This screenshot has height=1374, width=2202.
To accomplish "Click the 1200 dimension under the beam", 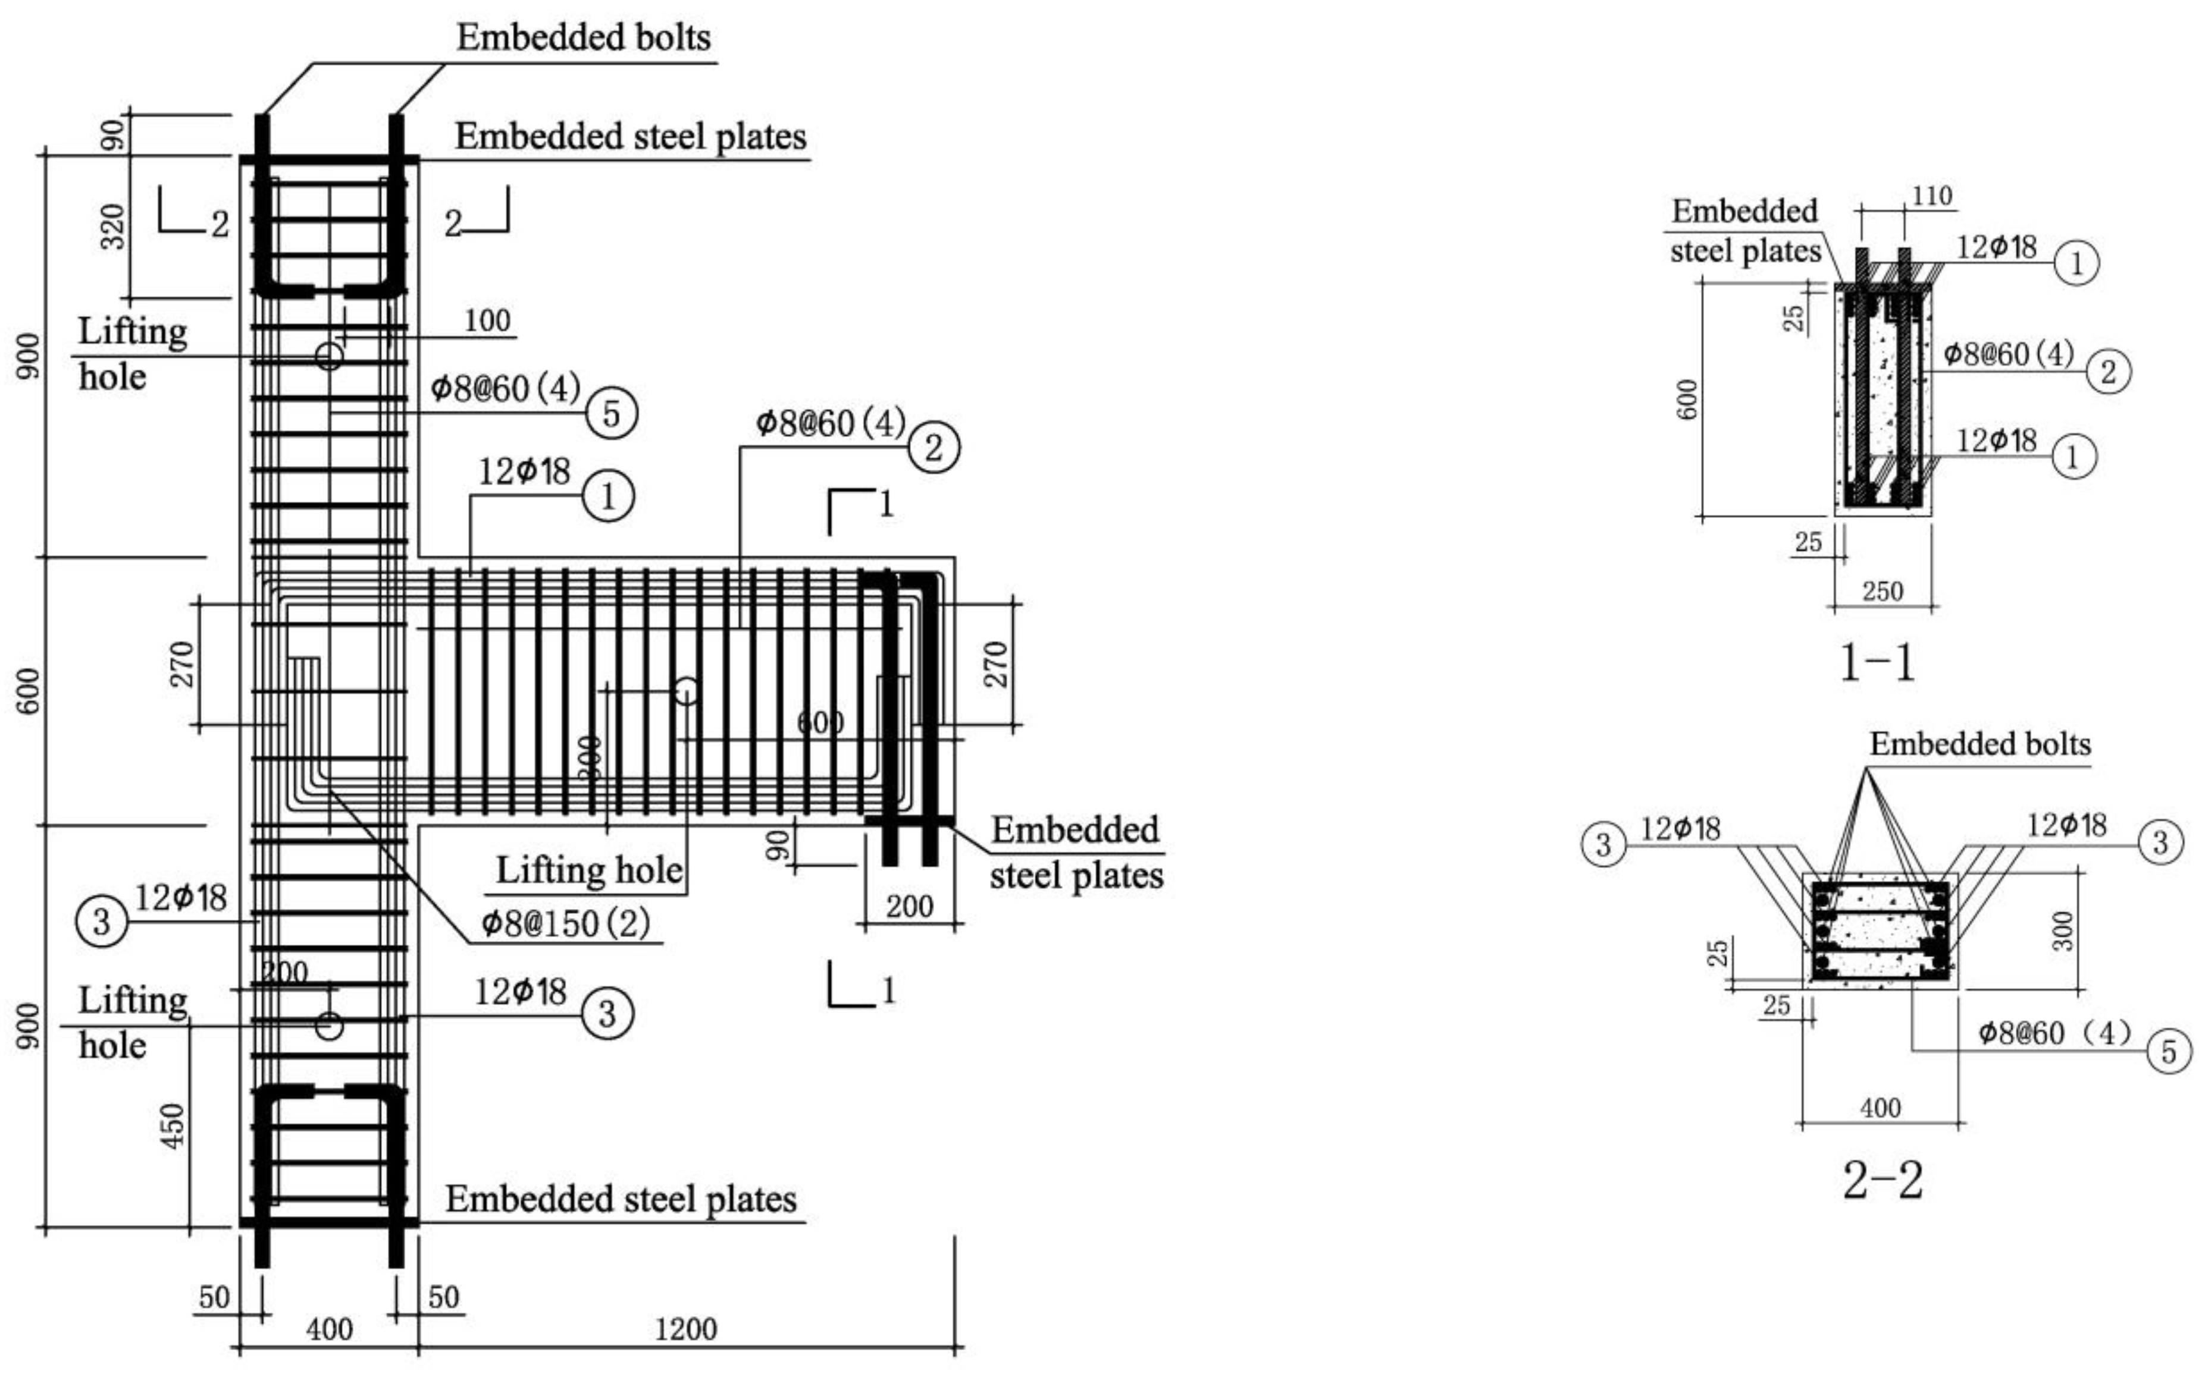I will pos(687,1329).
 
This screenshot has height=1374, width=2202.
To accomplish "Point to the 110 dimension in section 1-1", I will pos(1931,196).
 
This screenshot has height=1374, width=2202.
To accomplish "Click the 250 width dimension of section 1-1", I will pos(1882,592).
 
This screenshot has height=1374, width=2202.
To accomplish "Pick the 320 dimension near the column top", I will pos(112,227).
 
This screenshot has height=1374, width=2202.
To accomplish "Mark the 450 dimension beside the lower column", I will pos(172,1125).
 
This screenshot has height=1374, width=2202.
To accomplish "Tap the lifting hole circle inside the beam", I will pos(687,691).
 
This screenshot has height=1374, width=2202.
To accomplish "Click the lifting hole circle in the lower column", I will pos(329,1025).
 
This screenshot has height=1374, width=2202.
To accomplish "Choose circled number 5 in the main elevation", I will pos(611,413).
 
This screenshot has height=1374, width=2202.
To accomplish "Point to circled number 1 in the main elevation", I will pos(607,496).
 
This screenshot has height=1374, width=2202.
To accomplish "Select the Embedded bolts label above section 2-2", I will pos(1979,744).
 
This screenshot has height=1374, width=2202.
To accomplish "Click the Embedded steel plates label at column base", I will pos(621,1200).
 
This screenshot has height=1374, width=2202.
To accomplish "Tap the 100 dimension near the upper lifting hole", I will pos(487,321).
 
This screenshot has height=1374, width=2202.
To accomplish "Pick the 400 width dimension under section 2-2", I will pos(1880,1108).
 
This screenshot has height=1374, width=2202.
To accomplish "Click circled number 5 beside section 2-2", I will pos(2168,1051).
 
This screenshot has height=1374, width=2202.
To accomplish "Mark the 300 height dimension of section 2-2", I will pos(2063,930).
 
